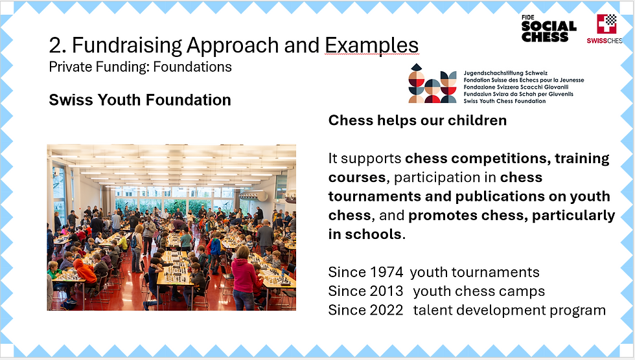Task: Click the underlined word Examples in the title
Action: pyautogui.click(x=371, y=45)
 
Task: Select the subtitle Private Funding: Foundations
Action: pyautogui.click(x=140, y=67)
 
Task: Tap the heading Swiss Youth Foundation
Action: pyautogui.click(x=140, y=100)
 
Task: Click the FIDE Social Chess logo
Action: pyautogui.click(x=548, y=28)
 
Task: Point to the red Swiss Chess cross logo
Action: pyautogui.click(x=606, y=24)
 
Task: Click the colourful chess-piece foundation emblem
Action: pyautogui.click(x=433, y=84)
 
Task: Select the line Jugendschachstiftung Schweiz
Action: pyautogui.click(x=505, y=73)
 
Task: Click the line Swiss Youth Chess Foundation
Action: pyautogui.click(x=505, y=101)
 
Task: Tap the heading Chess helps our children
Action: pyautogui.click(x=417, y=120)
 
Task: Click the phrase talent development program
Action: pyautogui.click(x=509, y=311)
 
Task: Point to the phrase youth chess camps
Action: pyautogui.click(x=479, y=291)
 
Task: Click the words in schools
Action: pyautogui.click(x=365, y=234)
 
